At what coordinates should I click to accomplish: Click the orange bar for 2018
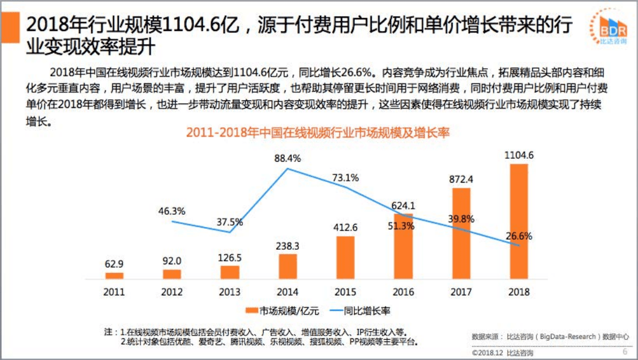pyautogui.click(x=518, y=221)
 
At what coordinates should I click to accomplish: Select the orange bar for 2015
pyautogui.click(x=346, y=257)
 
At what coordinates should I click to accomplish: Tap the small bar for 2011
pyautogui.click(x=114, y=275)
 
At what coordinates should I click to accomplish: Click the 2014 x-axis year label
pyautogui.click(x=288, y=291)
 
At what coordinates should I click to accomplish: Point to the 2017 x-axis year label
pyautogui.click(x=461, y=291)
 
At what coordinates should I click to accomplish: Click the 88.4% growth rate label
pyautogui.click(x=288, y=158)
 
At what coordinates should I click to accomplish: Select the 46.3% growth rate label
pyautogui.click(x=172, y=211)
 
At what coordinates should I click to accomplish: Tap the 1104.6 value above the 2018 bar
pyautogui.click(x=519, y=155)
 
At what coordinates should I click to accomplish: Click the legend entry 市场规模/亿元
pyautogui.click(x=275, y=310)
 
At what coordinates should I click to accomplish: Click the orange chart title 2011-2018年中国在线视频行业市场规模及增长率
pyautogui.click(x=318, y=132)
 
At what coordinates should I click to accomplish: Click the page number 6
pyautogui.click(x=625, y=352)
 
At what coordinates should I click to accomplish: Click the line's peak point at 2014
pyautogui.click(x=288, y=169)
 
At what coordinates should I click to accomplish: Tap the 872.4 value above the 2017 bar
pyautogui.click(x=461, y=179)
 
